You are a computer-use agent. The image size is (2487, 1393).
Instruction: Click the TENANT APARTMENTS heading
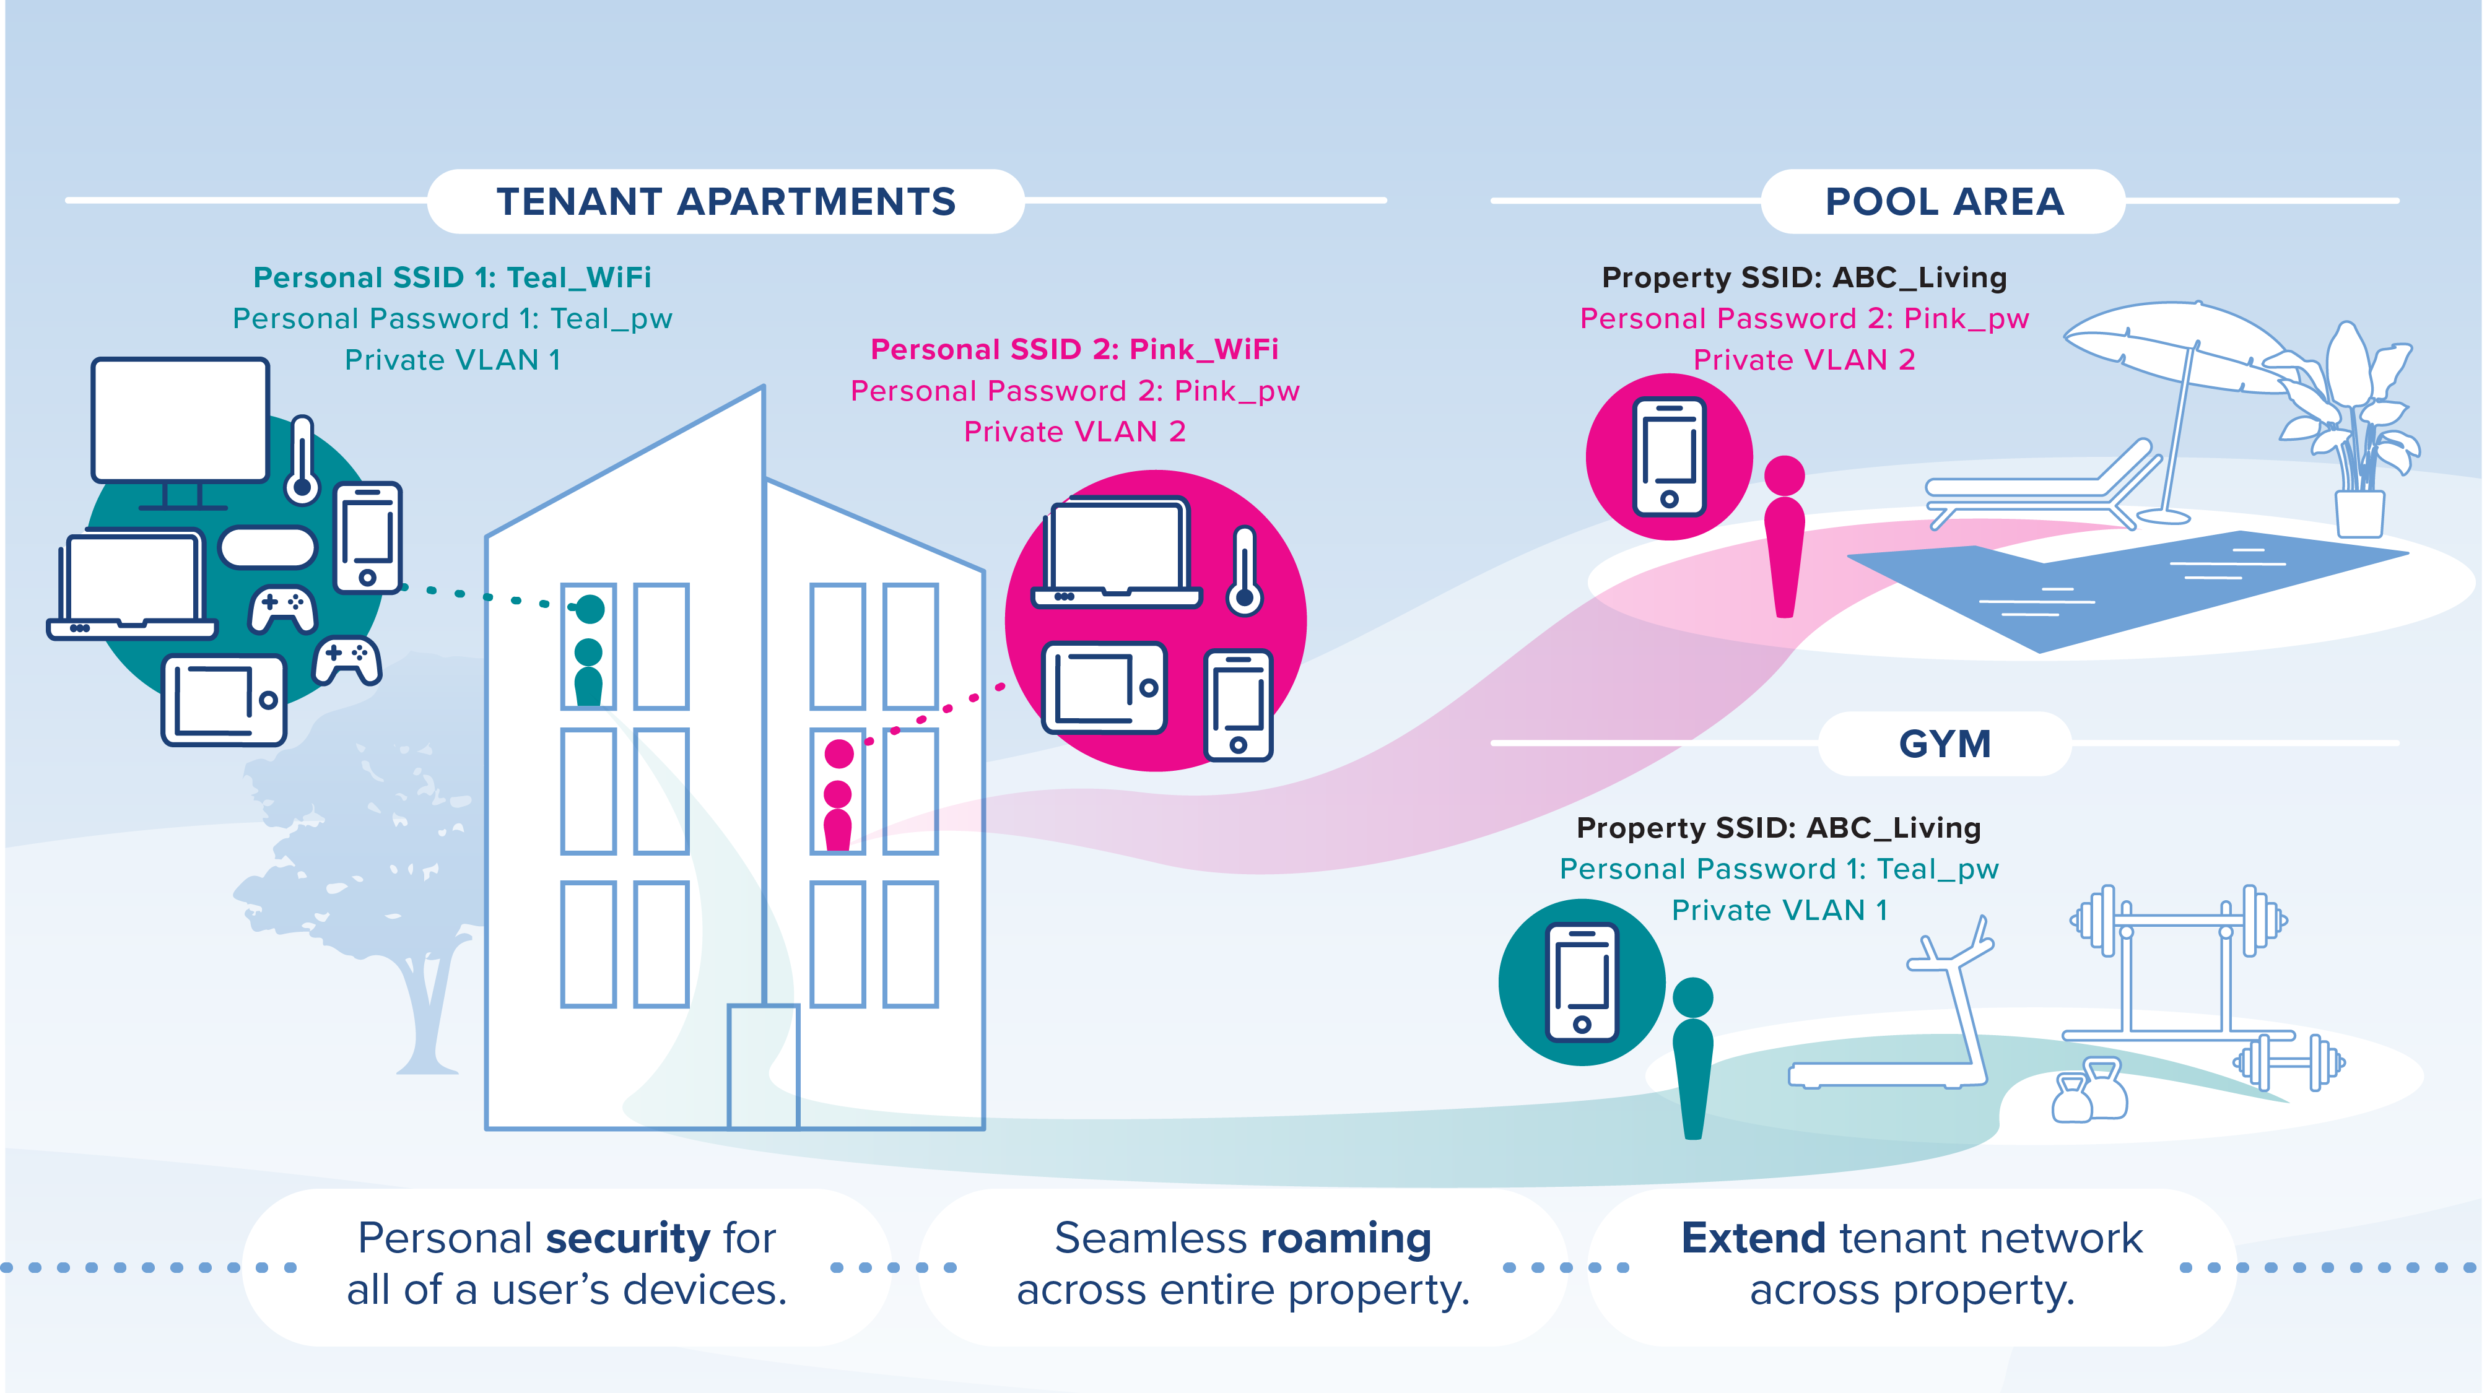click(726, 202)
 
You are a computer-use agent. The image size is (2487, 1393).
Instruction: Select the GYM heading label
click(1945, 744)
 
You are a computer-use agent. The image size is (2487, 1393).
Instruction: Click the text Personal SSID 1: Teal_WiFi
click(452, 278)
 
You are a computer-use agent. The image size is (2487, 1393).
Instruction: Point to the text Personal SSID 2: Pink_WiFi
click(1074, 349)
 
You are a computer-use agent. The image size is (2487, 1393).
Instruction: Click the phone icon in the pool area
click(1670, 457)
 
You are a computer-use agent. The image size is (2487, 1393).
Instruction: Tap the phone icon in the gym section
click(1582, 983)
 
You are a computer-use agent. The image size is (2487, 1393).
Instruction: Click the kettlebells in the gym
click(2090, 1091)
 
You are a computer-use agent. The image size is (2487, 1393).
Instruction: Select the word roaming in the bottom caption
click(1346, 1239)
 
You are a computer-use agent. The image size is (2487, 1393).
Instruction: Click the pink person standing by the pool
click(1784, 540)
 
